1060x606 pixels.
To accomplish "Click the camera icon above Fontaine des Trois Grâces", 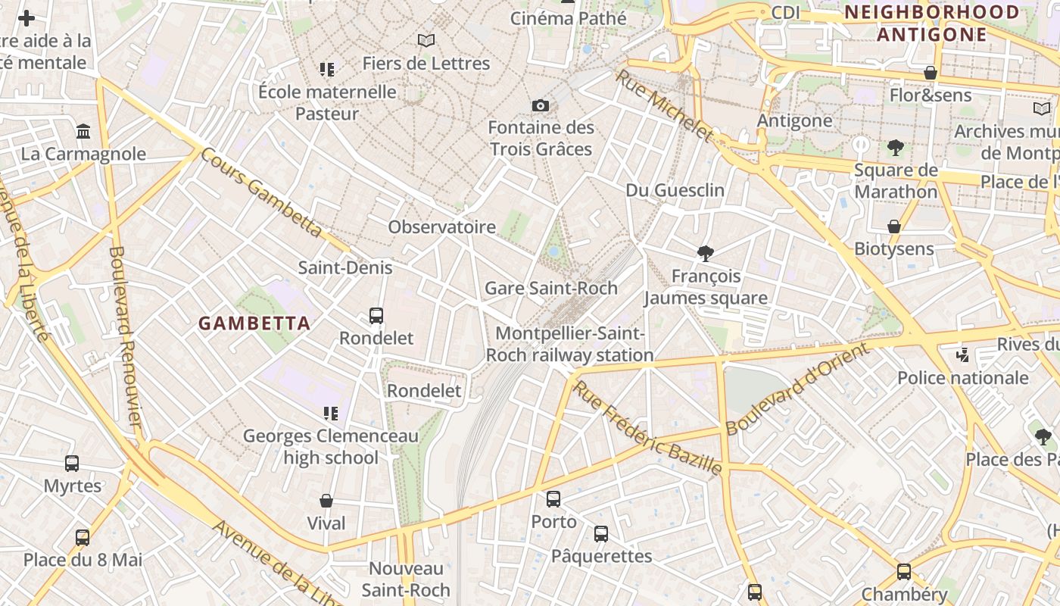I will click(x=540, y=105).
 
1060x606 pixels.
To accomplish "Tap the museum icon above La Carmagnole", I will click(x=83, y=132).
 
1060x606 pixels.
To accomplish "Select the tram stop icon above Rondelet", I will click(x=376, y=316).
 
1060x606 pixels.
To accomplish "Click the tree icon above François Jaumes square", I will click(x=706, y=254).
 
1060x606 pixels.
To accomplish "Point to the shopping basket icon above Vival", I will click(x=326, y=501).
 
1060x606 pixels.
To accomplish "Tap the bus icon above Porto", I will click(x=553, y=499).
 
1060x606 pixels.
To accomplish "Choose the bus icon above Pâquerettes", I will click(x=601, y=534).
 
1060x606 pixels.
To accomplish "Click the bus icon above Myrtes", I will click(x=72, y=464).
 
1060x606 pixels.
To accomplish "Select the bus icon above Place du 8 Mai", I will click(x=83, y=538).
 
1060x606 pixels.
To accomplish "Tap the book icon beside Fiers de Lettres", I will click(x=426, y=40).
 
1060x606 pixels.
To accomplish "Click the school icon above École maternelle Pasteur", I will click(x=326, y=70).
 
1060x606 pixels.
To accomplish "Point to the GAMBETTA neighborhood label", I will click(x=254, y=323).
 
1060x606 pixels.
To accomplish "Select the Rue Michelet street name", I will click(x=664, y=106).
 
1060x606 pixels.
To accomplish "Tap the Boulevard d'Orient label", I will click(x=797, y=389).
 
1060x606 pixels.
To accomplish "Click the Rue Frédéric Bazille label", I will click(x=647, y=429).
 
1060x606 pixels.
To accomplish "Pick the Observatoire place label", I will click(x=442, y=226).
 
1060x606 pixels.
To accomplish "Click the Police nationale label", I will click(x=962, y=377).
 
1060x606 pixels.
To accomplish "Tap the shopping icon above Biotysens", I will click(x=894, y=226).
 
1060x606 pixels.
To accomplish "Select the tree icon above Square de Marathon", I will click(x=896, y=148).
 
